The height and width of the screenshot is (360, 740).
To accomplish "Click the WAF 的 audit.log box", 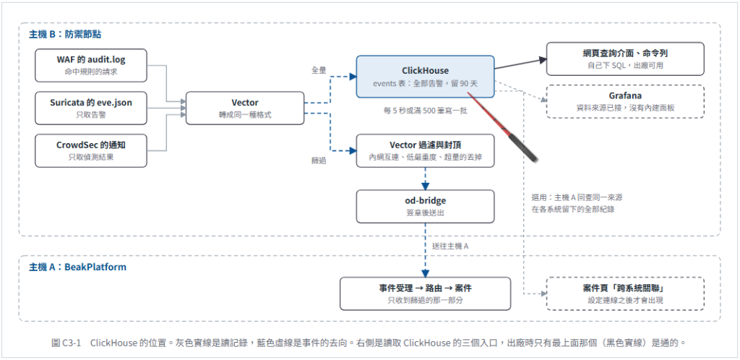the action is tap(90, 65).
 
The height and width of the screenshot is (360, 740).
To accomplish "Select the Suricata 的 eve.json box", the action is tap(90, 108).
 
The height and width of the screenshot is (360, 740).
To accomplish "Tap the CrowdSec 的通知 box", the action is tap(90, 150).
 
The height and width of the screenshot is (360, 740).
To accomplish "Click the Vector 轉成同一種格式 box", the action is tap(245, 108).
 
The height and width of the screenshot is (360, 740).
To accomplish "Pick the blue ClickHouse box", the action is tap(425, 77).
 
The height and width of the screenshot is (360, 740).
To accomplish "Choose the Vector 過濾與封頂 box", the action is tap(425, 150).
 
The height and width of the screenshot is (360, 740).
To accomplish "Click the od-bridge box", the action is tap(425, 206).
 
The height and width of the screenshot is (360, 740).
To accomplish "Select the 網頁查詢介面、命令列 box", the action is tap(625, 59).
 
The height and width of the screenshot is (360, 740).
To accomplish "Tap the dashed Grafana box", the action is tap(625, 101).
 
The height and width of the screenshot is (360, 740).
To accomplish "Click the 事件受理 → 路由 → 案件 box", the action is tap(425, 293).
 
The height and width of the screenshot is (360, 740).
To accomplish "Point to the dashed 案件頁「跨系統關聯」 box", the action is tap(625, 293).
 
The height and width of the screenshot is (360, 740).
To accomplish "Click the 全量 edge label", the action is tap(319, 70).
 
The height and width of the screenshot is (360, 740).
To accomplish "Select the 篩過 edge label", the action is tap(319, 160).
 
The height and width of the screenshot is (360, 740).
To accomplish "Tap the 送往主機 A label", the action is tap(450, 246).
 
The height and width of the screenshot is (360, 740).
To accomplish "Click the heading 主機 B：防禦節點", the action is tap(65, 35).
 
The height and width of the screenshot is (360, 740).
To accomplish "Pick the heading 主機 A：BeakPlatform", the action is tap(78, 267).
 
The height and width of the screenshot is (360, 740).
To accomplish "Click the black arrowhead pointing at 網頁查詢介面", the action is tap(542, 60).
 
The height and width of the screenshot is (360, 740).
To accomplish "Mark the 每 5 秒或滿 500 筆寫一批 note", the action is tap(425, 111).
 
